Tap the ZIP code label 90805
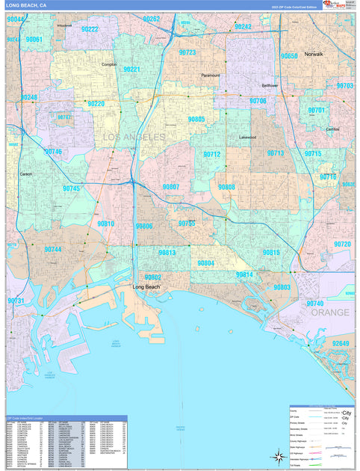(196, 119)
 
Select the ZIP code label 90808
(226, 186)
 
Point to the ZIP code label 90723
(187, 53)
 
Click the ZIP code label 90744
(52, 250)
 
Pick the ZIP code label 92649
(341, 343)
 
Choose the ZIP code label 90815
(271, 253)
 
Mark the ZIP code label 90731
(16, 301)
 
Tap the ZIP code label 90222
(90, 29)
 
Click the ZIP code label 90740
(315, 304)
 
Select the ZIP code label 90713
(275, 153)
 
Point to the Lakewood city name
(247, 138)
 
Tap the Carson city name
(25, 173)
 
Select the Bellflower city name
(269, 85)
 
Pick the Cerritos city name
(332, 129)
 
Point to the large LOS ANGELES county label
(133, 138)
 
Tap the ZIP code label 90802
(152, 277)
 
